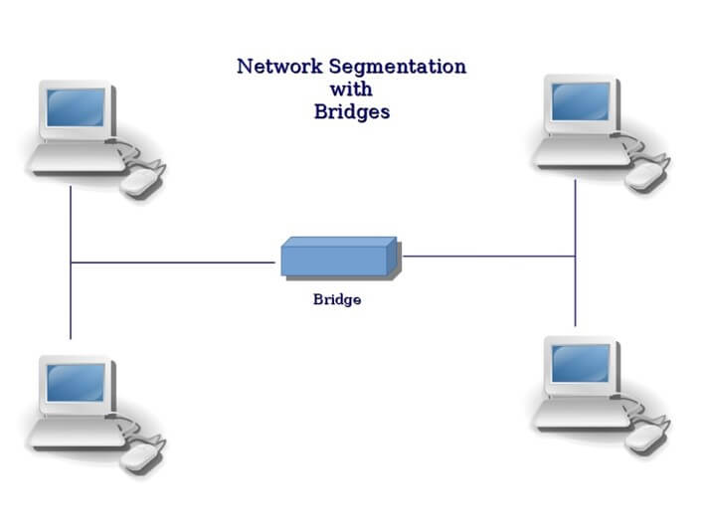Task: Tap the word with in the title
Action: pos(351,89)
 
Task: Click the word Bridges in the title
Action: pos(351,112)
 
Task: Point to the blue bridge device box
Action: pos(339,258)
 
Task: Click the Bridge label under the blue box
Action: pos(337,299)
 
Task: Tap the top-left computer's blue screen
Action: pos(76,107)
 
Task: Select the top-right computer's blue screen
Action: pos(581,101)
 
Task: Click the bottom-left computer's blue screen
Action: pos(76,382)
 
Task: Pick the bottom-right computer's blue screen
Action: pos(581,363)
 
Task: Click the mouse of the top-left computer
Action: pos(142,181)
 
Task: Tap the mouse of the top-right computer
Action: pos(646,175)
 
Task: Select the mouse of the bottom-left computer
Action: pos(142,455)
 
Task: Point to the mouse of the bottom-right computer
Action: pos(646,437)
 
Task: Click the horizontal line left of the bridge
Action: pos(174,263)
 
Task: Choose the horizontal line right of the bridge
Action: pos(487,257)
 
